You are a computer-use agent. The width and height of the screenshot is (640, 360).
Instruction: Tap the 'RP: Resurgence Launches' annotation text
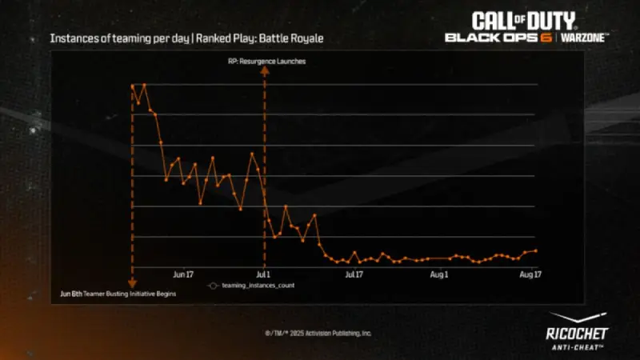click(x=267, y=61)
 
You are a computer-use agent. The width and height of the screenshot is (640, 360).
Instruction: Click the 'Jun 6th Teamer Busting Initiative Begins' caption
click(x=118, y=294)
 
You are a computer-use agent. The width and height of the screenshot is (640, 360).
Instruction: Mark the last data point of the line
click(x=535, y=250)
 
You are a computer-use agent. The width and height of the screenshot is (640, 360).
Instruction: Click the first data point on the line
click(x=132, y=86)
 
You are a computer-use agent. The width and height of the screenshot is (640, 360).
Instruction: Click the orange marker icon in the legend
click(x=213, y=286)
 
